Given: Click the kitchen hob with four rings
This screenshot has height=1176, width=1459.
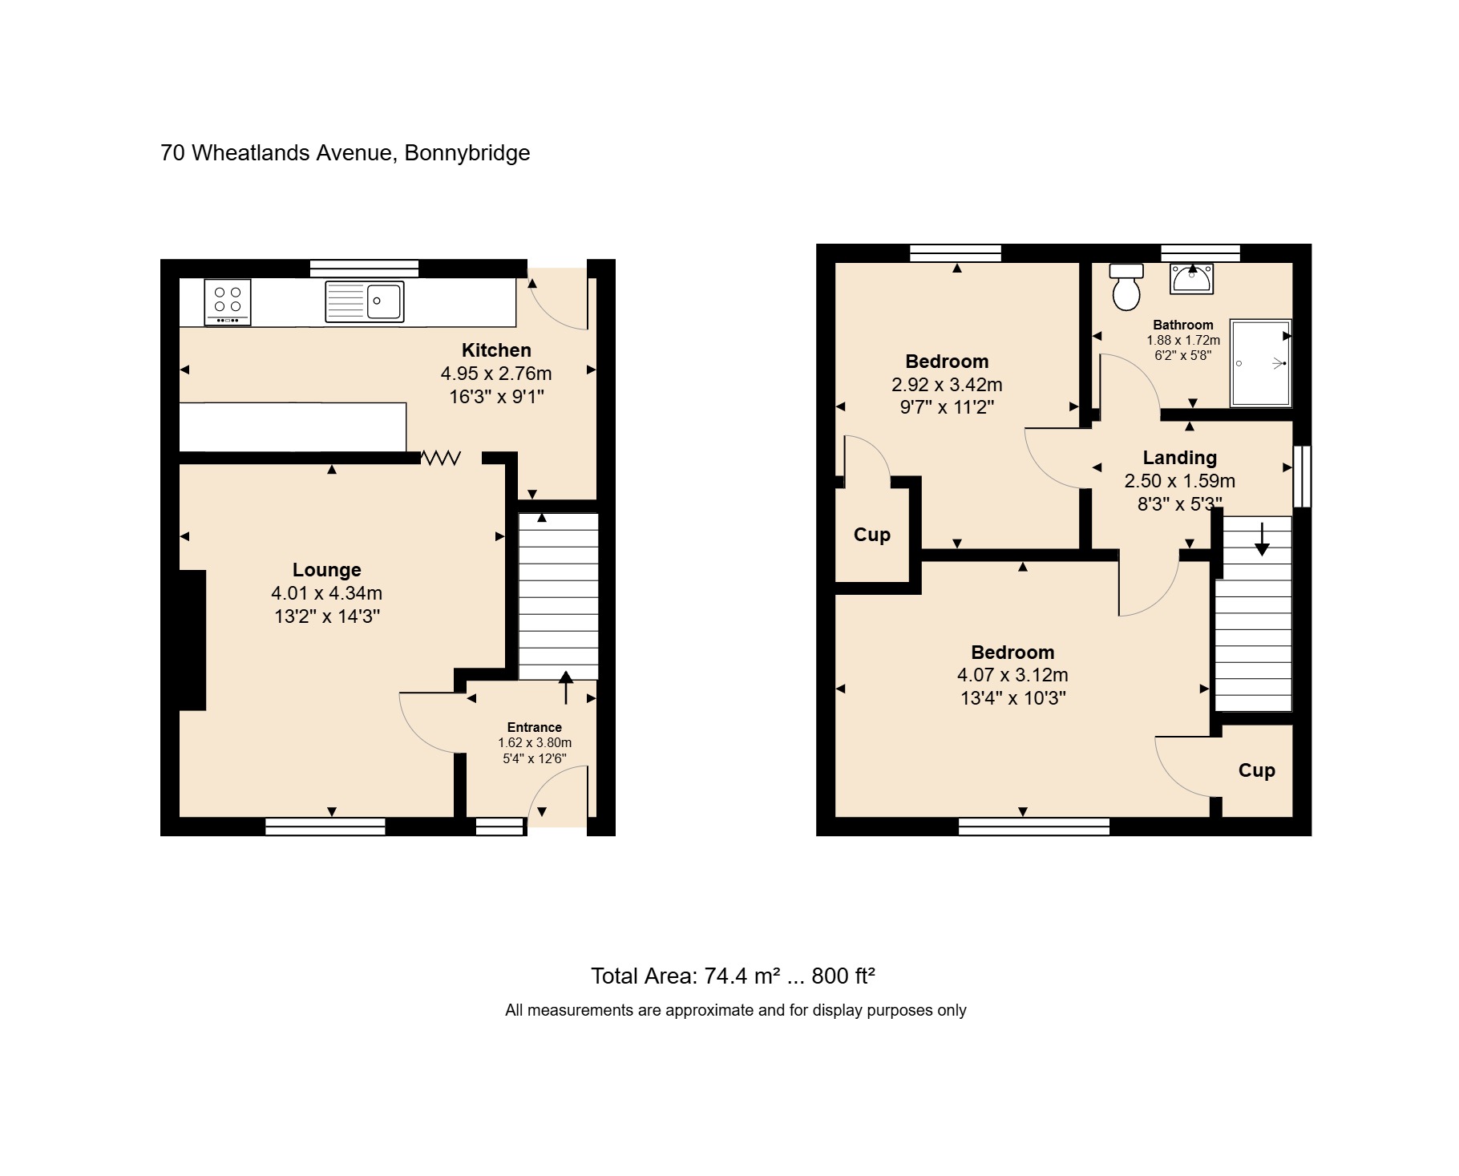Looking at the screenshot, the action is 228,302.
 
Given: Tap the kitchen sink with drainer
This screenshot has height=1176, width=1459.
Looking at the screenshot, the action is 364,301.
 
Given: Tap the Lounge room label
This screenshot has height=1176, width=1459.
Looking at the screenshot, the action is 327,570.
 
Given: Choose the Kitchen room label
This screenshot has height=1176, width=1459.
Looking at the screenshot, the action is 496,350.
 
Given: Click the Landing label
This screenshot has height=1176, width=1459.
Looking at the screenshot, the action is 1179,458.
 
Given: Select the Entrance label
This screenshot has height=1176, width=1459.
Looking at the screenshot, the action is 535,728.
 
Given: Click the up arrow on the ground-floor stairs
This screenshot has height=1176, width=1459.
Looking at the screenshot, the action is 566,688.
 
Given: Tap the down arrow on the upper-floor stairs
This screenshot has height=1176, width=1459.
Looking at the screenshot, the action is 1262,539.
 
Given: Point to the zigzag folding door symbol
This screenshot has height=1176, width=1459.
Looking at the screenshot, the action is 441,458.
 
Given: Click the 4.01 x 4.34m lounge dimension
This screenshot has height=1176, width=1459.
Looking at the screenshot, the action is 327,593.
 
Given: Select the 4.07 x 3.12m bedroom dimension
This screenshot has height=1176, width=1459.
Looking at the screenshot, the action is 1012,675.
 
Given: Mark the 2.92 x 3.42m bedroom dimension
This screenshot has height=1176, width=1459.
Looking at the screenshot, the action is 947,385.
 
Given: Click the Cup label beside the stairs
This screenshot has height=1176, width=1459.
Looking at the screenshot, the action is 1256,771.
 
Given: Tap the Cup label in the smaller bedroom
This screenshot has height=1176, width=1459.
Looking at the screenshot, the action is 872,535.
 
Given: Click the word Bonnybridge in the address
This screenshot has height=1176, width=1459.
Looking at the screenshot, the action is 467,153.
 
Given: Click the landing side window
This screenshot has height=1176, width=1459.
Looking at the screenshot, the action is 1303,476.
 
